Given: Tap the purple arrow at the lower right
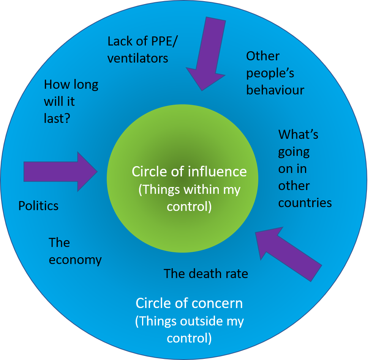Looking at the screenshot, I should pyautogui.click(x=287, y=254).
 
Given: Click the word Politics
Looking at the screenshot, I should pyautogui.click(x=38, y=206).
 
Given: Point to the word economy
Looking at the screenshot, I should pyautogui.click(x=75, y=260).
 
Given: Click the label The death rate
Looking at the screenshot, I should pyautogui.click(x=206, y=273).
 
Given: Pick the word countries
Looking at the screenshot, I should pyautogui.click(x=305, y=203).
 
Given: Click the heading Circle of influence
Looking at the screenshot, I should pyautogui.click(x=189, y=171).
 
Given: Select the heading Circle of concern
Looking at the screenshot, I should pyautogui.click(x=189, y=303).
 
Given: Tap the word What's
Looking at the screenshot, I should pyautogui.click(x=298, y=134).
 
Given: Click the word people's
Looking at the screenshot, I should pyautogui.click(x=270, y=73).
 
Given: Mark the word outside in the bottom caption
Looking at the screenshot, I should pyautogui.click(x=201, y=321).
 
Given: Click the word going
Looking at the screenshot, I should pyautogui.click(x=294, y=152).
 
